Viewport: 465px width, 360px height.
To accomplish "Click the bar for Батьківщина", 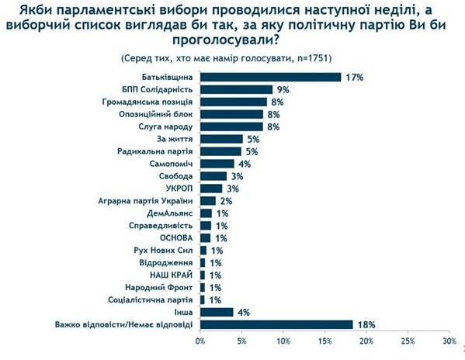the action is click(271, 77).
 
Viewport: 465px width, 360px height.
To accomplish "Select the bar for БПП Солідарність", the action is click(236, 89).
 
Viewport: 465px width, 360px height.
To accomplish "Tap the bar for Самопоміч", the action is click(217, 164).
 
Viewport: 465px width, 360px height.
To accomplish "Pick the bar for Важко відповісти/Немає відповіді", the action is click(276, 324).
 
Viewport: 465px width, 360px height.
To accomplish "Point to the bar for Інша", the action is click(217, 312).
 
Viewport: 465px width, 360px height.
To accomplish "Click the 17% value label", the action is click(355, 78).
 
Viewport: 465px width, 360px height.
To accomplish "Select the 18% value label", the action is click(366, 325).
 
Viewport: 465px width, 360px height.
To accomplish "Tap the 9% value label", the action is click(283, 90).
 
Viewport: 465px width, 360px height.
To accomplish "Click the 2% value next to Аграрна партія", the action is click(226, 201).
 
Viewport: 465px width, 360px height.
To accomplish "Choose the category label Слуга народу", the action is click(165, 126).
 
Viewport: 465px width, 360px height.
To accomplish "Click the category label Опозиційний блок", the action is click(156, 114).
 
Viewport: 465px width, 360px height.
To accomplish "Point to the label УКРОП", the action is click(179, 189).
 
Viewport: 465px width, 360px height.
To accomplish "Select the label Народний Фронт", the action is click(158, 287).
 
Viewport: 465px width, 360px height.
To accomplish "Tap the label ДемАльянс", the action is click(170, 213).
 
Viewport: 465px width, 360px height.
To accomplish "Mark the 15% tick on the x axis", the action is click(324, 341).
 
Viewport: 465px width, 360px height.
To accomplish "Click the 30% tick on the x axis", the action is click(449, 341).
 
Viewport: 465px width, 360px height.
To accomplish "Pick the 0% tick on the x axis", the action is click(200, 341).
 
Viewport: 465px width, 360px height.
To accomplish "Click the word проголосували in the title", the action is click(225, 40).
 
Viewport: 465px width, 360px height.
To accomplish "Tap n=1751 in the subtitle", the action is click(311, 58).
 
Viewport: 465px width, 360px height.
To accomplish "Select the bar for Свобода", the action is click(213, 176).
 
